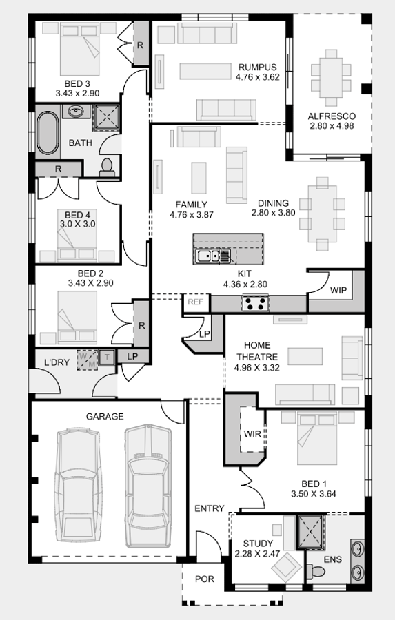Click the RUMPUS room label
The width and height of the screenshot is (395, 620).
pos(257,67)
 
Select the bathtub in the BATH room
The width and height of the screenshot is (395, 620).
pos(48,132)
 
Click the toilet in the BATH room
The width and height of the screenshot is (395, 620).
pos(107,166)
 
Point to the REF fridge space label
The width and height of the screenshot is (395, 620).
pos(195,301)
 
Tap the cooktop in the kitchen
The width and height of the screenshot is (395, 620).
pos(256,303)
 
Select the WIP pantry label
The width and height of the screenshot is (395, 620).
pos(338,290)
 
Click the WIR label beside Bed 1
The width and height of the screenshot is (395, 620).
pos(251,434)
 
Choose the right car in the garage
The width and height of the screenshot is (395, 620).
pos(147,482)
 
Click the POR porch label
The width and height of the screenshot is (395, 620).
pos(204,579)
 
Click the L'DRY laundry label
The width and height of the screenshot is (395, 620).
pos(57,362)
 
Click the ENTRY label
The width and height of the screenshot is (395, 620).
pos(209,508)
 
